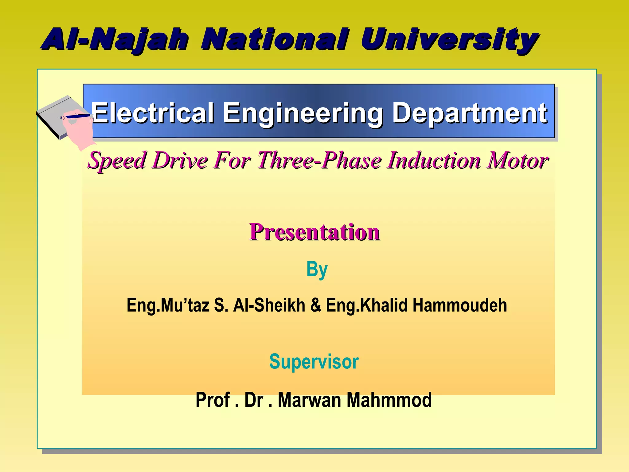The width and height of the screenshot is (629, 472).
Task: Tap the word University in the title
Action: pyautogui.click(x=449, y=40)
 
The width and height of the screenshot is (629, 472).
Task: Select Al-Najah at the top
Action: pyautogui.click(x=115, y=40)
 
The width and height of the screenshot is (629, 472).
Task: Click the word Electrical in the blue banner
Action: pyautogui.click(x=153, y=113)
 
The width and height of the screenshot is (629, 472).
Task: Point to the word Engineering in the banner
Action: pyautogui.click(x=303, y=113)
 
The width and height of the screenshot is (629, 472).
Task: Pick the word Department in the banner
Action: pyautogui.click(x=470, y=113)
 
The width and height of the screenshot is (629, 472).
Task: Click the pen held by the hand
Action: pyautogui.click(x=77, y=116)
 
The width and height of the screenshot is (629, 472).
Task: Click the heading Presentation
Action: pyautogui.click(x=314, y=232)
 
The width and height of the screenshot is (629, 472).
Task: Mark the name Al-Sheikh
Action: pyautogui.click(x=269, y=305)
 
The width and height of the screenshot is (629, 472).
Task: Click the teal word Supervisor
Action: pyautogui.click(x=314, y=361)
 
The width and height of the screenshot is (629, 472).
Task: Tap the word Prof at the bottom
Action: pyautogui.click(x=213, y=400)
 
